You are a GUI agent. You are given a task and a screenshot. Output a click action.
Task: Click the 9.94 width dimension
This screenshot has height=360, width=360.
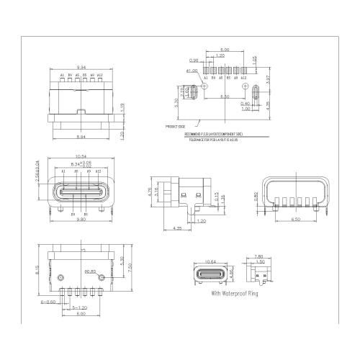click(81, 67)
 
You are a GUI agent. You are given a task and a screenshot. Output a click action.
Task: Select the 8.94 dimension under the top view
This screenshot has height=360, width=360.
click(81, 135)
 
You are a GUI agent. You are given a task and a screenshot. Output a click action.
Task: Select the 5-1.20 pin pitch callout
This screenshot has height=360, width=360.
click(64, 307)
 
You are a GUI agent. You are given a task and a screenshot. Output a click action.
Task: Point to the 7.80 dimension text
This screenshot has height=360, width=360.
click(258, 256)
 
